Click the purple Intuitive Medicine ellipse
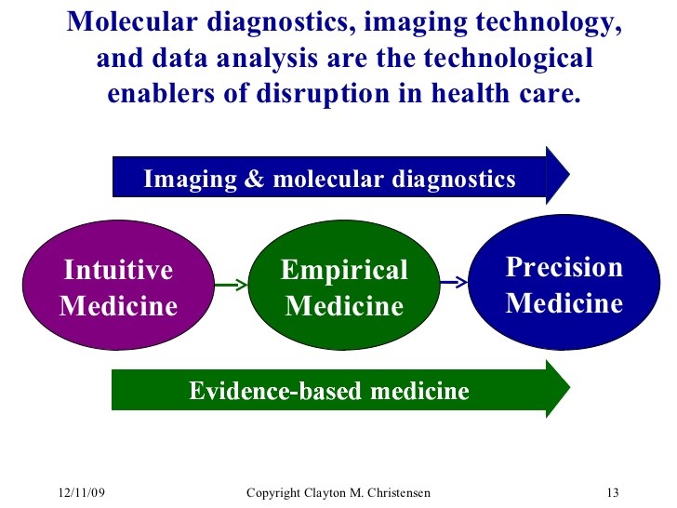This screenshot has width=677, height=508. click(x=118, y=285)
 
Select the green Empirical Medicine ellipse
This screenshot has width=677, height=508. click(x=344, y=285)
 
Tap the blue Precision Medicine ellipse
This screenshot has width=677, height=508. click(x=564, y=283)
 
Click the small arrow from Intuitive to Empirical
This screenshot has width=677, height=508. click(x=231, y=285)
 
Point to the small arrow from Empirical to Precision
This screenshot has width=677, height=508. click(x=454, y=282)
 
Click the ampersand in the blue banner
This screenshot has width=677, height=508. click(x=254, y=178)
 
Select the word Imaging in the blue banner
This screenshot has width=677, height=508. click(x=190, y=180)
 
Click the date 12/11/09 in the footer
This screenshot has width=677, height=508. click(x=82, y=492)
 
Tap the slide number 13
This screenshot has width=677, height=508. click(x=613, y=492)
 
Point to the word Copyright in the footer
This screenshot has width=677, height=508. click(x=272, y=493)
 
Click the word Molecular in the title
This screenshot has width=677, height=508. click(x=132, y=21)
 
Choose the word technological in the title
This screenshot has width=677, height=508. click(x=508, y=59)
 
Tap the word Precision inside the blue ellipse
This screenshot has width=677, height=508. click(x=564, y=266)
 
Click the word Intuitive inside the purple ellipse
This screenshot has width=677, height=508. click(x=118, y=270)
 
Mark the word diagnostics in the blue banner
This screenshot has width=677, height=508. click(x=454, y=180)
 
